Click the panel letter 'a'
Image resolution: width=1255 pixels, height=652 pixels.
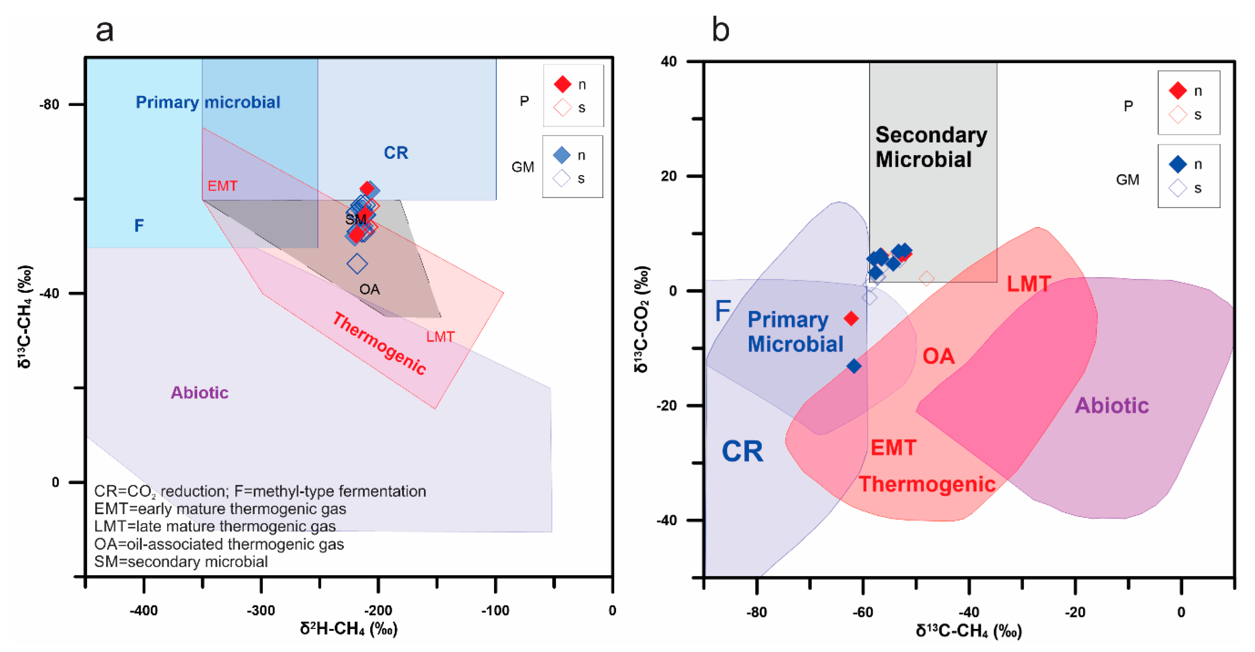(105, 31)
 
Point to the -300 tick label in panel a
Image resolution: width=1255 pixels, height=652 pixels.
(261, 611)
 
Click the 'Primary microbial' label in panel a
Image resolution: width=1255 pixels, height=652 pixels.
(208, 102)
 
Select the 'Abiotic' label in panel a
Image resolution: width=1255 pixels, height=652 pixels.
(199, 392)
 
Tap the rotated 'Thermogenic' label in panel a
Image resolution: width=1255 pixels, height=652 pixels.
(379, 344)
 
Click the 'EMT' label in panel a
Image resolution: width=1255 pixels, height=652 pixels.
(222, 186)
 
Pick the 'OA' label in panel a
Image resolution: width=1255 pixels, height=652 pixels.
(369, 290)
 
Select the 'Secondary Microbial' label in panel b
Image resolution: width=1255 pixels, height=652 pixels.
(931, 147)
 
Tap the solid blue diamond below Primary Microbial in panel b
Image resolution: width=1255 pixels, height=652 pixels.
(853, 366)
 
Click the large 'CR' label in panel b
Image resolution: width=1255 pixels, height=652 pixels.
(742, 451)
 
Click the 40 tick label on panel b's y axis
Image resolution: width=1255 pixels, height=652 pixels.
(669, 62)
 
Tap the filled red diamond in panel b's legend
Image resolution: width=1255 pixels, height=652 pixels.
(1178, 90)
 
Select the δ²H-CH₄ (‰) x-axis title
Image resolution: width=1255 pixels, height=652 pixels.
(348, 629)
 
